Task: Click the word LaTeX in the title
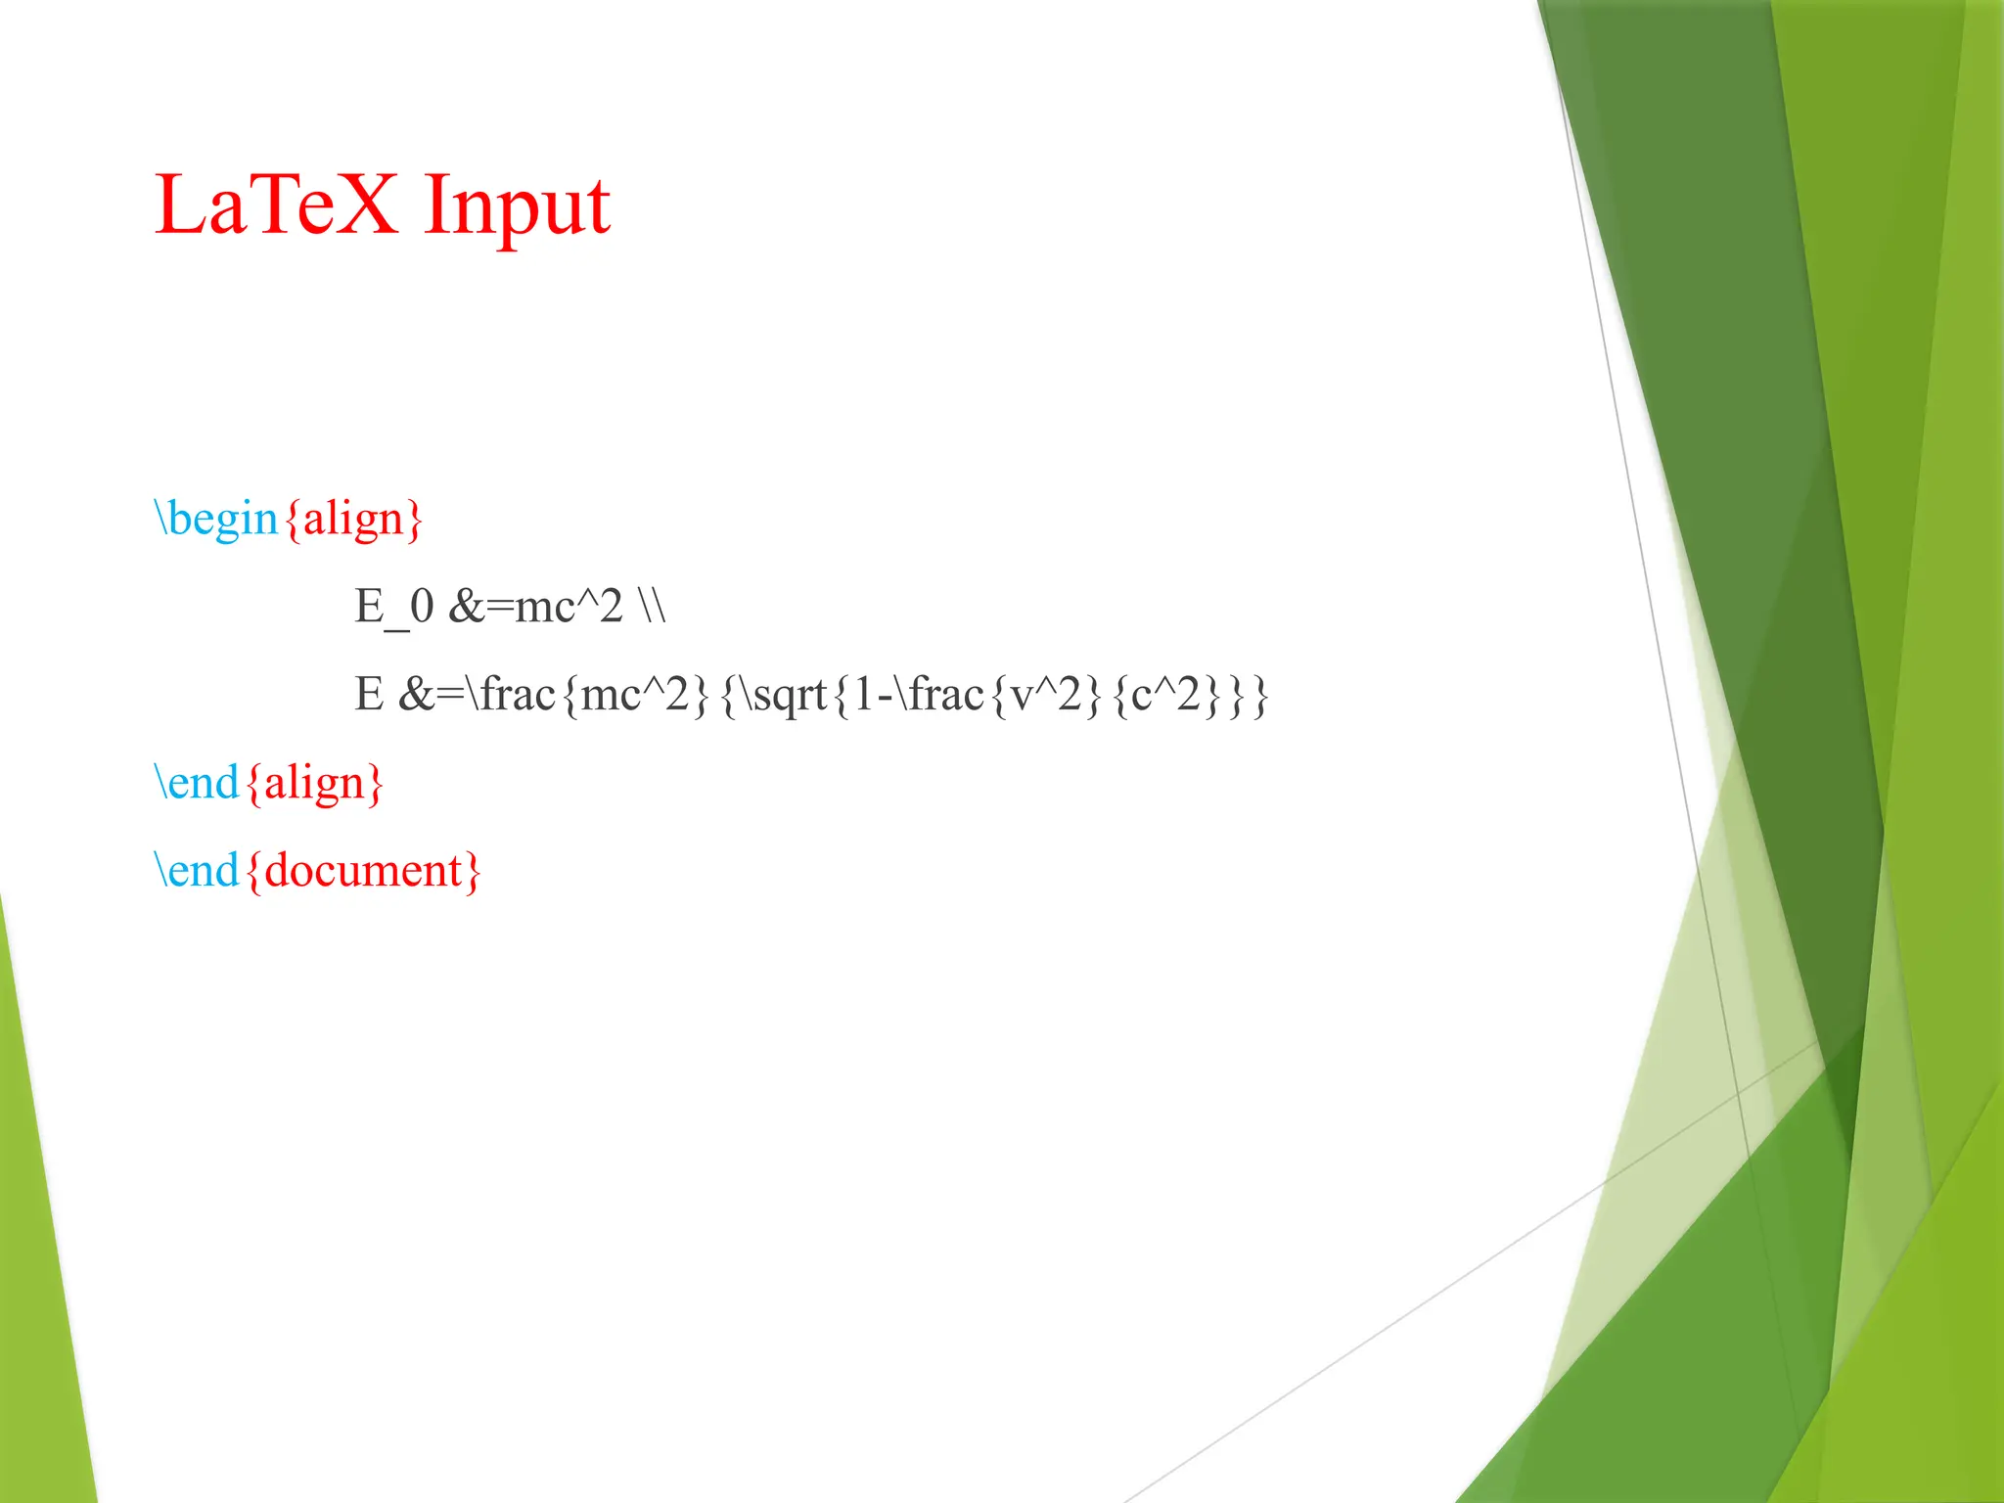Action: [276, 205]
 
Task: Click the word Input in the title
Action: [517, 207]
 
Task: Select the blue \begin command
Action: [217, 519]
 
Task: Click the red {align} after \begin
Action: [353, 519]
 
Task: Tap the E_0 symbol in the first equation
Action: [393, 607]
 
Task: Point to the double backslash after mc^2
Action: [652, 607]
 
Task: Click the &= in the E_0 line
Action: [480, 607]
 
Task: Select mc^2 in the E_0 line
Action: [569, 607]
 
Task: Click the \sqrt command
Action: [783, 696]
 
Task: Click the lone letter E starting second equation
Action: [369, 696]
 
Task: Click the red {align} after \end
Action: [314, 784]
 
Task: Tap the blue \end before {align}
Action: [197, 784]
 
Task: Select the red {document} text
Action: [363, 871]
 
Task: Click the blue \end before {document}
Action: [197, 871]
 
